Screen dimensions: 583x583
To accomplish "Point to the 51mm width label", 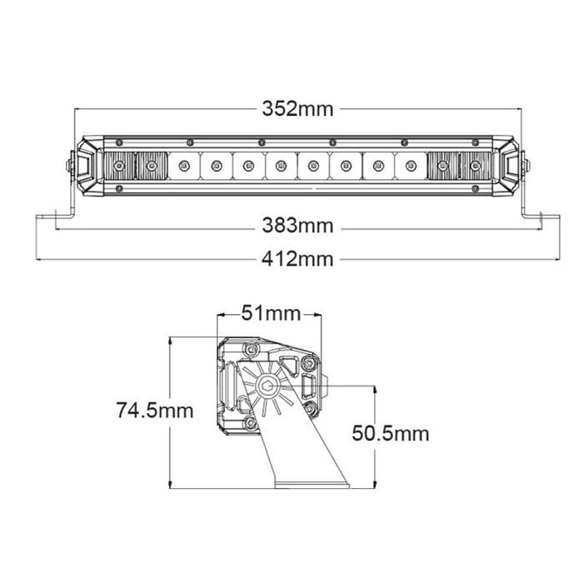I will (270, 314).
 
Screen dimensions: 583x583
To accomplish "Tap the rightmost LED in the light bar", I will (475, 167).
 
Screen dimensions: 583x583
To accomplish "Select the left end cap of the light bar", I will (86, 167).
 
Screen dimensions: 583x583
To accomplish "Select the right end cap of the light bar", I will (510, 167).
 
